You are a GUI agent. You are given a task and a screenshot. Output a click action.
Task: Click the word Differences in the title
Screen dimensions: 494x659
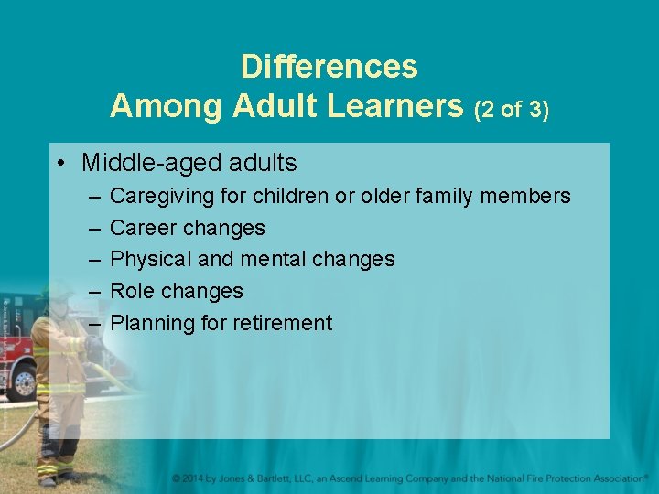pyautogui.click(x=329, y=67)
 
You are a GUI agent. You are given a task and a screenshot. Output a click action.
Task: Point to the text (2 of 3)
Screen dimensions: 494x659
pyautogui.click(x=511, y=110)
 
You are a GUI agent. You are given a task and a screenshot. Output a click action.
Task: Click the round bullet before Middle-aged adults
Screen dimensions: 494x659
pyautogui.click(x=59, y=164)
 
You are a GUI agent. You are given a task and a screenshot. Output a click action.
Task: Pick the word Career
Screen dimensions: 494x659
pyautogui.click(x=142, y=228)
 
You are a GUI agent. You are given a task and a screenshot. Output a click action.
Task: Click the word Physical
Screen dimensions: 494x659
pyautogui.click(x=150, y=259)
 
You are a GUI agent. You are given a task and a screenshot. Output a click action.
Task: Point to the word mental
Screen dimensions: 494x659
pyautogui.click(x=273, y=259)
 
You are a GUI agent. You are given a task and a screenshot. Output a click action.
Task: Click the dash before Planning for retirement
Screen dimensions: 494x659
pyautogui.click(x=95, y=323)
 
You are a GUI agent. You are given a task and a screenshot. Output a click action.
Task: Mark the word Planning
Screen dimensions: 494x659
pyautogui.click(x=151, y=323)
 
